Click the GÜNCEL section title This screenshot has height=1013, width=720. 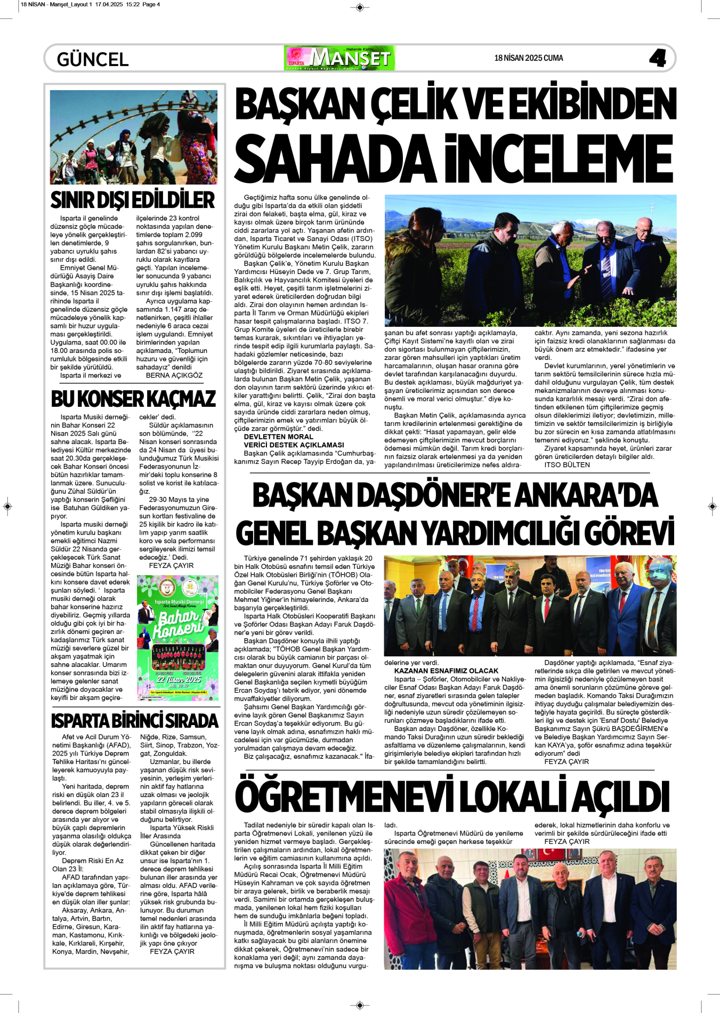point(93,59)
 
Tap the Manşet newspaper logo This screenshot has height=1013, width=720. point(340,58)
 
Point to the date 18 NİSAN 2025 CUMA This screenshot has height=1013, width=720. point(528,58)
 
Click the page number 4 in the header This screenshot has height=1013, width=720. point(658,58)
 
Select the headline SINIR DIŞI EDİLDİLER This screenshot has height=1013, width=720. point(133,200)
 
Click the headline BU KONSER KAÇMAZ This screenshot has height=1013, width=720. point(133,399)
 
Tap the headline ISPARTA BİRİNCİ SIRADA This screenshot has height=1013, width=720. point(135,721)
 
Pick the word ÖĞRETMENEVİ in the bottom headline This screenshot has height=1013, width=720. point(343,798)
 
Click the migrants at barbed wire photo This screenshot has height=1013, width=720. point(133,137)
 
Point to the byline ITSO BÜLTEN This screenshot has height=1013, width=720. point(567,465)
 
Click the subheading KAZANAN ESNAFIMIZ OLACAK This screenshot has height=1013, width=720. point(446,671)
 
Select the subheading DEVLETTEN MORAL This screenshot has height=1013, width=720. point(278,437)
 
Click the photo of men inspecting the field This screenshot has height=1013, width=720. point(530,260)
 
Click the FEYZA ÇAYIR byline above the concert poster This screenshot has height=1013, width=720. point(171,566)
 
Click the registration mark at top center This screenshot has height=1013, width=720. point(360,7)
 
